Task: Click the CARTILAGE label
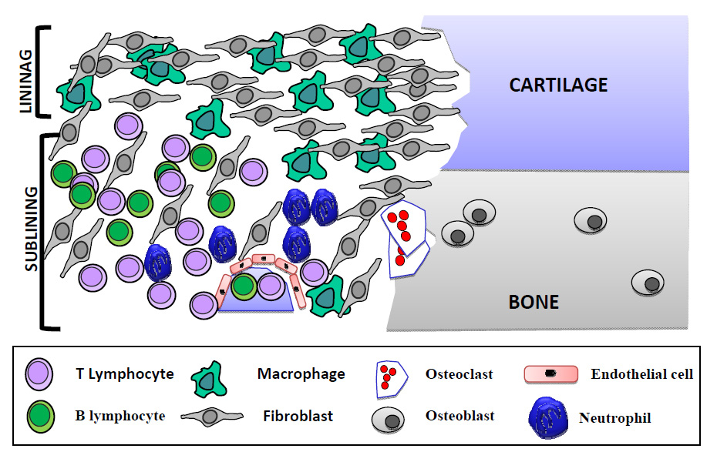coord(558,84)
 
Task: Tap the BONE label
coord(534,301)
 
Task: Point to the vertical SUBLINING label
coord(31,228)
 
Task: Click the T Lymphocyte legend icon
coord(39,375)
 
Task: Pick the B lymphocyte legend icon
coord(39,416)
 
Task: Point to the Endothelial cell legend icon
coord(551,375)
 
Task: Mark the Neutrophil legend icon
coord(548,418)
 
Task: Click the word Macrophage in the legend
coord(301,375)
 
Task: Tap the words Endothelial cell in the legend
coord(642,375)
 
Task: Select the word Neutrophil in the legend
coord(615,419)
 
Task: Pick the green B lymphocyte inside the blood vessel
coord(244,286)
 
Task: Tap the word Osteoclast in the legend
coord(457,375)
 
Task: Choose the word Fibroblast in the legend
coord(298,416)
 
